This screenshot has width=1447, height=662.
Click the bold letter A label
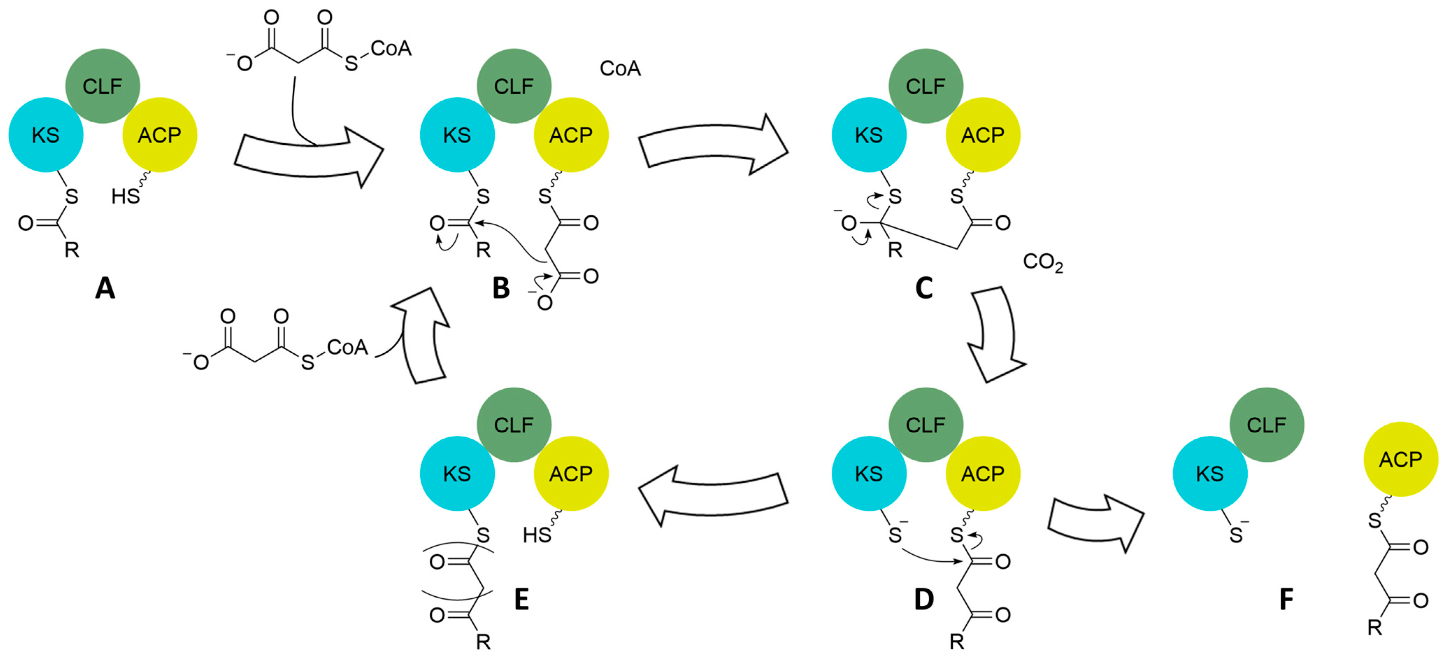coord(105,289)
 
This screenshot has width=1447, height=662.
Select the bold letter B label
coord(501,289)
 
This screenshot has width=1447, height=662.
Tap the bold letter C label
coord(924,289)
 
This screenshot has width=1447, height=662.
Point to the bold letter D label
coord(924,600)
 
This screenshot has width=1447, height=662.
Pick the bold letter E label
coord(521,600)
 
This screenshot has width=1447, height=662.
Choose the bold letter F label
coord(1286,600)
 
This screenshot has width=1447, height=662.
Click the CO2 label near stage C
coord(1043,262)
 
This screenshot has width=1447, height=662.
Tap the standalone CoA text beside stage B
coord(620,69)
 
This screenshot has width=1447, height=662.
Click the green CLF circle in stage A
coord(103,86)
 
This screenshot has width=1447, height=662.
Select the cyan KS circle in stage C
coord(868,135)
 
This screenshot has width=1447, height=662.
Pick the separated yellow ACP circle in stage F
coord(1401,459)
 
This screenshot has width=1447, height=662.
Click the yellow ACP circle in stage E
coord(571,473)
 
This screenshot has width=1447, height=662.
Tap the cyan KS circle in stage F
coord(1209,473)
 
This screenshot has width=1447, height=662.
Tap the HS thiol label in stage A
coord(125,196)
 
